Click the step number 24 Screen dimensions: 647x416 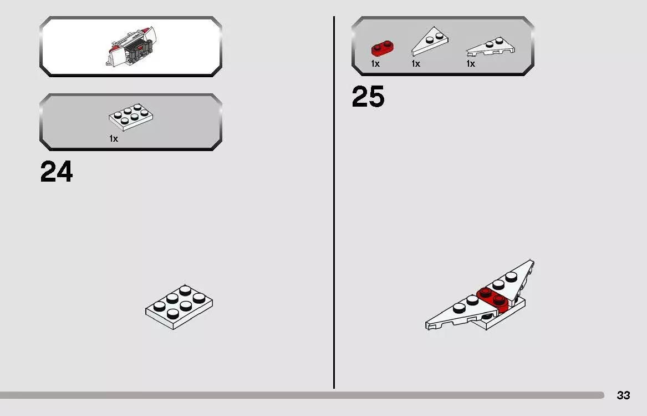[57, 172]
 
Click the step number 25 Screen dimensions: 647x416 [368, 96]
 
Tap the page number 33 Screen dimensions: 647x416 [623, 395]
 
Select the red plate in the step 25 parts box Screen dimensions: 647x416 [383, 48]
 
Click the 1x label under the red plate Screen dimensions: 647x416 [375, 64]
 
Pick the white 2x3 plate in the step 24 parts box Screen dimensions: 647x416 [131, 117]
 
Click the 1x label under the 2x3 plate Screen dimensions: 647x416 [114, 138]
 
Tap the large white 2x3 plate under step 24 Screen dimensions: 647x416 [179, 307]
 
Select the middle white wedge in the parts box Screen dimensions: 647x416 [430, 42]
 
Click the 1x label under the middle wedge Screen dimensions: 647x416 [415, 64]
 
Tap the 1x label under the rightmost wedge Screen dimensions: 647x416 [470, 64]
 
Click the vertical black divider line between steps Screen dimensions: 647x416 [334, 203]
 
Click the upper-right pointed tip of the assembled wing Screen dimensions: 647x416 [533, 261]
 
